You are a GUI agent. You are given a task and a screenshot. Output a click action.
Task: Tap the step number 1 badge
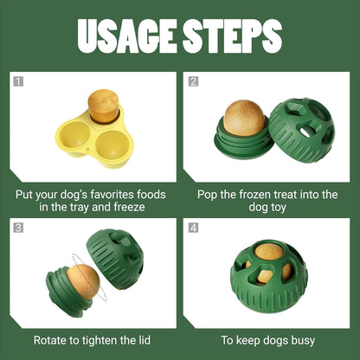pyautogui.click(x=18, y=82)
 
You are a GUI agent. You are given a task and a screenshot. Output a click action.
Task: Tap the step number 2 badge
pyautogui.click(x=193, y=82)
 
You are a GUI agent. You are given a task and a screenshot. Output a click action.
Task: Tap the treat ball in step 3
pyautogui.click(x=83, y=280)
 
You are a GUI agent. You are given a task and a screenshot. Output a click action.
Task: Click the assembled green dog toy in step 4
pyautogui.click(x=268, y=276)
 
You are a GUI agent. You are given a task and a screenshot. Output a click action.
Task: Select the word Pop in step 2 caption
pyautogui.click(x=209, y=194)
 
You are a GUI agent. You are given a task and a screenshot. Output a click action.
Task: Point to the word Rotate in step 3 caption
pyautogui.click(x=54, y=340)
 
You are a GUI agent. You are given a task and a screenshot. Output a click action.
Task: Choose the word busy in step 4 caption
pyautogui.click(x=299, y=340)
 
